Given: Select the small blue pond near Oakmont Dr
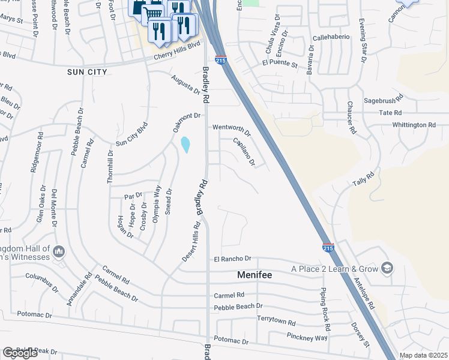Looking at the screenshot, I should [x=185, y=145].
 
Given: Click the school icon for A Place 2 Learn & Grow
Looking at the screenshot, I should [x=388, y=268].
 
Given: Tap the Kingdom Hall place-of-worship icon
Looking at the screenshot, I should [x=59, y=251].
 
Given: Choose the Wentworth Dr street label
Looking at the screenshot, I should [x=231, y=127].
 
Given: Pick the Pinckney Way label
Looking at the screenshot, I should [x=307, y=337].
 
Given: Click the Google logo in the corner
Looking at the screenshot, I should [x=20, y=353].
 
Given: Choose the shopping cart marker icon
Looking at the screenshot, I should [x=154, y=13].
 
